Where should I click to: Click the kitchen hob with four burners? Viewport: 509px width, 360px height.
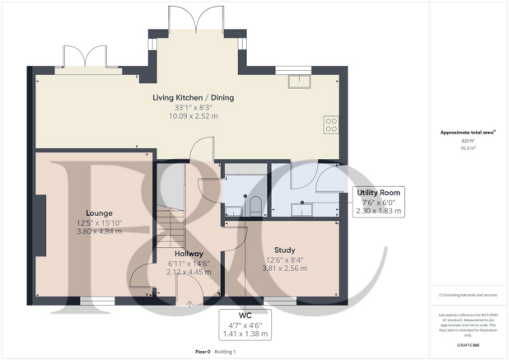click(331, 125)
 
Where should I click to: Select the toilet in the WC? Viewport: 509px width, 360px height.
click(254, 204)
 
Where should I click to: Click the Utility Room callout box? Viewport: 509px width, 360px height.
click(379, 201)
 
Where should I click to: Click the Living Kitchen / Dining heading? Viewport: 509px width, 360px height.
click(193, 97)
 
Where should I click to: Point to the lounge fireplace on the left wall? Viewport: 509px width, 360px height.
click(40, 222)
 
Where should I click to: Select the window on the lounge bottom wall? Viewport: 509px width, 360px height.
click(96, 300)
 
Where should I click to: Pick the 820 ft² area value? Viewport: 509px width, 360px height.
click(469, 142)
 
